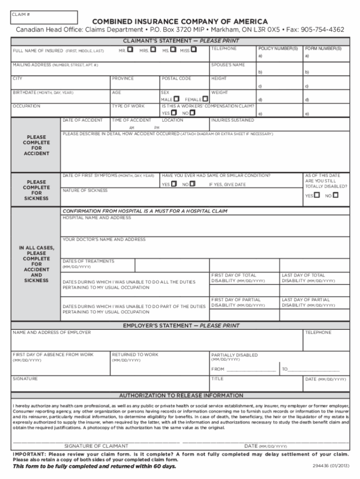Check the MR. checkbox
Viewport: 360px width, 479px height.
pos(130,49)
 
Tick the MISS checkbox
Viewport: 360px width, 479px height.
pos(194,49)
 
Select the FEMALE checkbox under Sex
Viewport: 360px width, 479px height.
pos(205,99)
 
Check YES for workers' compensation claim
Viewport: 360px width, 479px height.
pos(174,113)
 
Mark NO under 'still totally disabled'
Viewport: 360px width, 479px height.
pos(335,195)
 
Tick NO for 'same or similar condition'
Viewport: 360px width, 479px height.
pos(192,184)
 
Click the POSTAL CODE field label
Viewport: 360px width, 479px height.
pos(176,79)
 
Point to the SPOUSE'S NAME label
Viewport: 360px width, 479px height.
pos(228,65)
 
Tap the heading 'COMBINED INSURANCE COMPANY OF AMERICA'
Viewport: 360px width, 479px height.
pos(180,22)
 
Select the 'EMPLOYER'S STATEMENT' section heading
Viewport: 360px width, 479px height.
pos(181,325)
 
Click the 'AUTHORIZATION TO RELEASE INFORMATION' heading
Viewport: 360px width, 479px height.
pos(181,395)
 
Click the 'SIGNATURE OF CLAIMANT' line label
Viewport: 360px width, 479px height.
pos(96,446)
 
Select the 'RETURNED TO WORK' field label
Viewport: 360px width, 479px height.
pos(135,355)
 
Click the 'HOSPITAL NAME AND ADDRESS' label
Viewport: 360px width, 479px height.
pos(97,218)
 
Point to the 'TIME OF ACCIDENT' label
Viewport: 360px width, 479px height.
pos(131,120)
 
